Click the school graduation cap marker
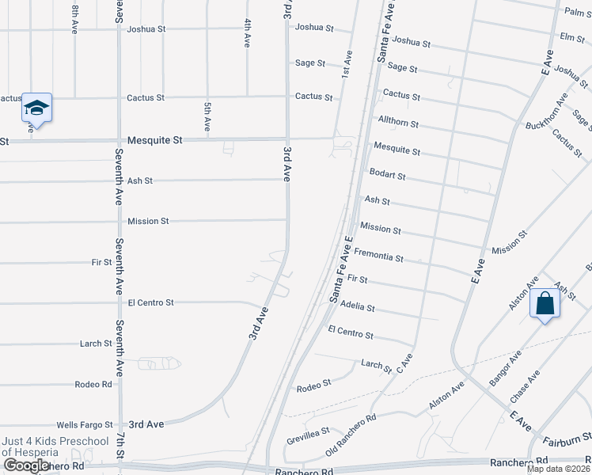point(36,108)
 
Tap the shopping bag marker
point(545,304)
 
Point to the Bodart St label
point(388,174)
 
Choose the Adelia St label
point(357,306)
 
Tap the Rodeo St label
point(313,386)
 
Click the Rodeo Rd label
point(93,384)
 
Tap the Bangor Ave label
point(504,369)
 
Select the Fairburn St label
point(565,437)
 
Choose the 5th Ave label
point(207,116)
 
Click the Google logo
point(25,465)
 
